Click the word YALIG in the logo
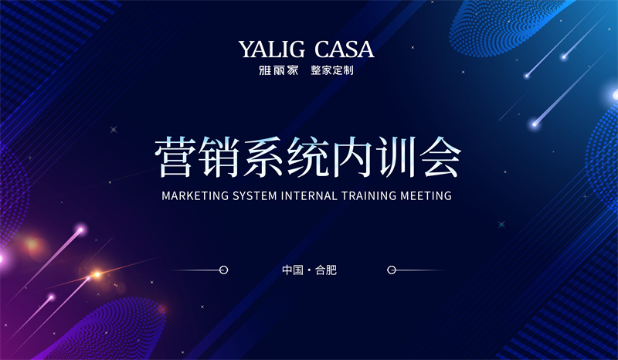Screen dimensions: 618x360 (x=272, y=49)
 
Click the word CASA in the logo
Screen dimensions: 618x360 (x=344, y=49)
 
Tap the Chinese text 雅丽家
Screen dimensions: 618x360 (x=279, y=70)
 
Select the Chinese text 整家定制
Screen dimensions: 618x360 (x=332, y=70)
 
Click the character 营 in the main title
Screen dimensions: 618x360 (x=175, y=157)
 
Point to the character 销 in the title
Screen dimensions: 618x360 (x=219, y=157)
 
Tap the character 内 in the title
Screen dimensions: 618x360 (x=351, y=157)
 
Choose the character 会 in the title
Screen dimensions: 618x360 (x=440, y=157)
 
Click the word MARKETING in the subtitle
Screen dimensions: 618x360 (x=195, y=195)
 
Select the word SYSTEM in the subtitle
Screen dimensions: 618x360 (x=255, y=195)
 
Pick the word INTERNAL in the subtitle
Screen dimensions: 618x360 (x=310, y=195)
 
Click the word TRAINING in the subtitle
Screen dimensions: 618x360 (x=369, y=195)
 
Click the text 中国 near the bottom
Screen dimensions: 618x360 (x=293, y=270)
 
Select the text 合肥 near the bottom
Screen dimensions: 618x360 (x=326, y=270)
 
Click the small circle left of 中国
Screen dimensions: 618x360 (x=223, y=270)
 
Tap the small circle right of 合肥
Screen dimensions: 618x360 (x=392, y=270)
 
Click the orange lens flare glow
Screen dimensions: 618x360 (x=96, y=274)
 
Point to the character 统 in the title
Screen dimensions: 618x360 (x=307, y=157)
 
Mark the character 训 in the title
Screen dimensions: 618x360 (x=396, y=157)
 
